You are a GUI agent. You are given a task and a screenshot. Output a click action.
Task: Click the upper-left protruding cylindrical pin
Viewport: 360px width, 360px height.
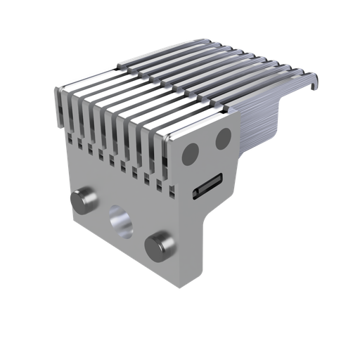[84, 200]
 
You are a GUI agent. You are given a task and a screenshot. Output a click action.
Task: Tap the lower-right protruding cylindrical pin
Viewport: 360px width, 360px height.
[160, 247]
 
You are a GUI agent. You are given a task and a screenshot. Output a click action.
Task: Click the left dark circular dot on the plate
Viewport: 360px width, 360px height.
[191, 155]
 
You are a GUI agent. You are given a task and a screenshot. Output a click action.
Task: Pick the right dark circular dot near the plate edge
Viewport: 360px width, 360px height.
[223, 139]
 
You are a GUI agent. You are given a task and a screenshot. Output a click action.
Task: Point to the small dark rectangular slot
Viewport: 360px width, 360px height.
[209, 186]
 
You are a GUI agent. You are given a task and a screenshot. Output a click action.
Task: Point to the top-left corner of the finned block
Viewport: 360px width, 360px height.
[56, 90]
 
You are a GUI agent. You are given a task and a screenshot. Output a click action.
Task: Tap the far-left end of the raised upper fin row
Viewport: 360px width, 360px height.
[120, 68]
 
